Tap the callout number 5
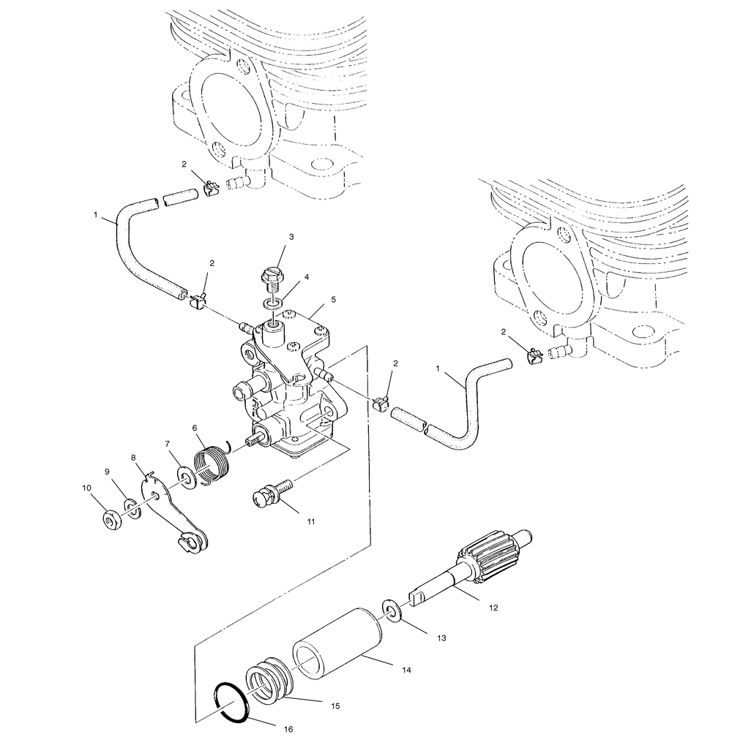tap(333, 299)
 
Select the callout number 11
tap(311, 522)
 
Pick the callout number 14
tap(406, 669)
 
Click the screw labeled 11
tap(270, 493)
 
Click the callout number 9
tap(108, 472)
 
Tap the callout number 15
tap(336, 707)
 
